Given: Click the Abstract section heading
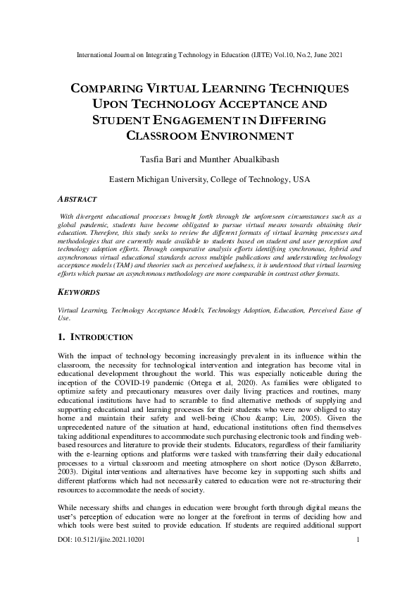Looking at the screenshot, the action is coord(77,200).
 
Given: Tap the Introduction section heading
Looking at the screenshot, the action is coord(94,337).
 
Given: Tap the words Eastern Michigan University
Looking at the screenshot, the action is coord(158,180).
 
